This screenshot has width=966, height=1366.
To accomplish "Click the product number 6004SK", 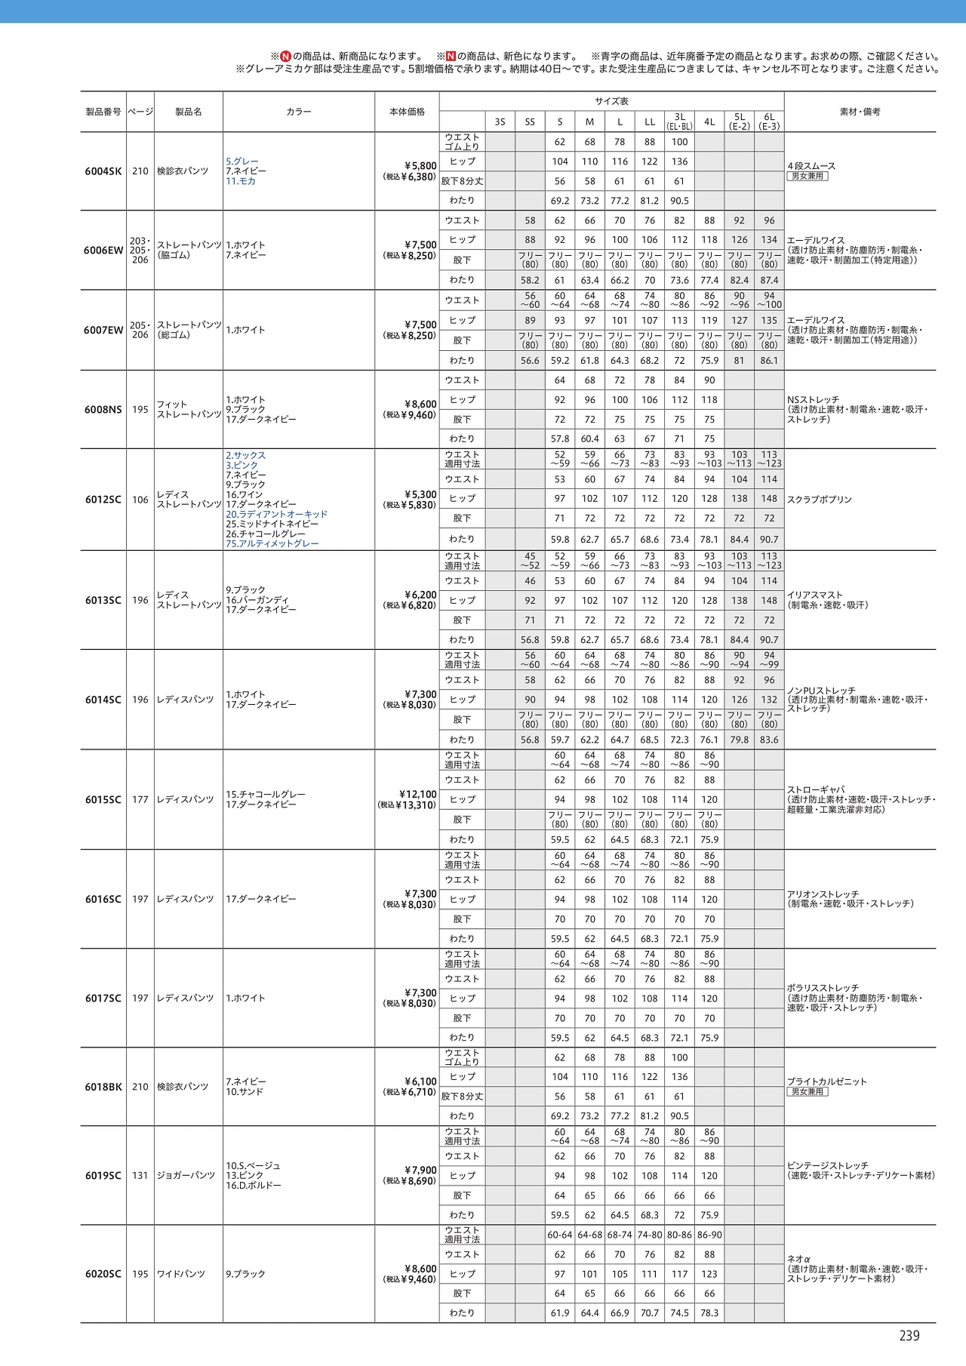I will [x=103, y=171].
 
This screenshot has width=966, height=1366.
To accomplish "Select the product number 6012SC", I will [x=103, y=500].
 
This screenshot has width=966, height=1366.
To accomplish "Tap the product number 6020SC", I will [x=103, y=1274].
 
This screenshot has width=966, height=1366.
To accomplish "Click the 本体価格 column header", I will [x=407, y=112].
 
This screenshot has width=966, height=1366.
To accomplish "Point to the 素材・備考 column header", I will [x=860, y=112].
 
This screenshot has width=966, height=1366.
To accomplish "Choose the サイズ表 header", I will [x=611, y=101].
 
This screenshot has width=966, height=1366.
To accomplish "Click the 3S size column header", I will [x=500, y=122].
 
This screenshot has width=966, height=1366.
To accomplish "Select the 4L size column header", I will [x=709, y=122].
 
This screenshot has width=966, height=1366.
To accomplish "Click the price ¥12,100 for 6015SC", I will [x=417, y=794].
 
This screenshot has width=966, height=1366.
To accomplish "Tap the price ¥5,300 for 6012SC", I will [x=420, y=495].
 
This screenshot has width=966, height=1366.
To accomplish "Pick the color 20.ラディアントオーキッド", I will [x=276, y=514].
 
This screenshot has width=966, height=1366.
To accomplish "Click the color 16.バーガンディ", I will [x=257, y=600].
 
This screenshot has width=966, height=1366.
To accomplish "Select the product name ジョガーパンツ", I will [x=186, y=1175].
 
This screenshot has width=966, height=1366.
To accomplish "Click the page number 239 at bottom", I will [x=909, y=1336].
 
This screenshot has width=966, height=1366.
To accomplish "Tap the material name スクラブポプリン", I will [x=819, y=500].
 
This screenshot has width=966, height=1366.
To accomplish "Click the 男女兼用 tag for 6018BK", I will [x=808, y=1091].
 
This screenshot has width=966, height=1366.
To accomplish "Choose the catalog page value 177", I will [x=140, y=799].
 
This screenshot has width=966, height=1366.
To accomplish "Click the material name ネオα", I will [x=798, y=1259].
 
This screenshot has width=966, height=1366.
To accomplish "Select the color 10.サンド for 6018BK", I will [x=245, y=1091].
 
